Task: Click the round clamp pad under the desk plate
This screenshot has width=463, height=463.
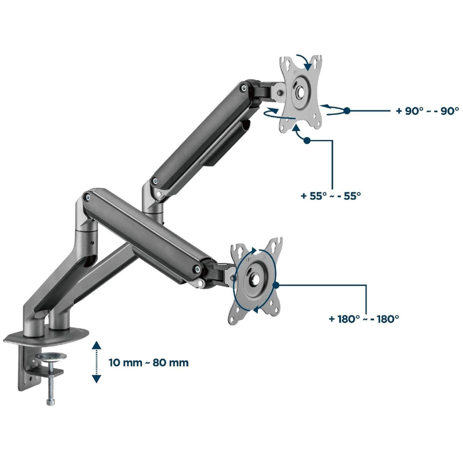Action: click(x=53, y=356)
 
